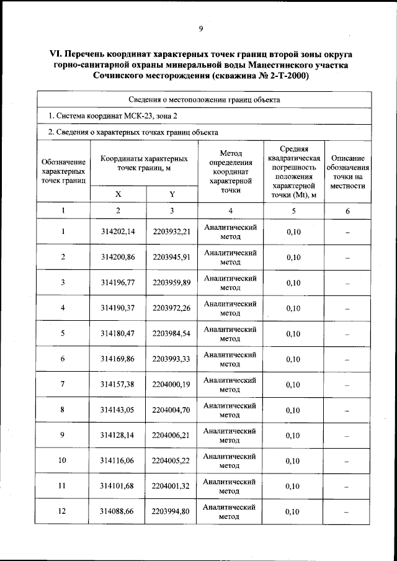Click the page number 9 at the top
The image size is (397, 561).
click(x=201, y=29)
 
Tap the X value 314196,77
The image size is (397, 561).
click(x=118, y=283)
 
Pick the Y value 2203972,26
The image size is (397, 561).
click(x=171, y=308)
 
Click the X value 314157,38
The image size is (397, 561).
click(x=118, y=385)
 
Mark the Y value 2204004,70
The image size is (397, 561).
click(x=171, y=410)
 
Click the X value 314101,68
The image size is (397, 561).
click(x=118, y=487)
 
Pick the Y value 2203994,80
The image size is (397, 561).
click(x=171, y=512)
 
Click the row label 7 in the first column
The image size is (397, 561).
click(x=63, y=385)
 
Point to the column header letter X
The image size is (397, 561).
click(x=118, y=194)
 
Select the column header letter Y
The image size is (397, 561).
click(x=172, y=194)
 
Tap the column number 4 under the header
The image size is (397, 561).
click(x=230, y=211)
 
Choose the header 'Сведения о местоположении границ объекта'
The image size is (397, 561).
click(x=204, y=99)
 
